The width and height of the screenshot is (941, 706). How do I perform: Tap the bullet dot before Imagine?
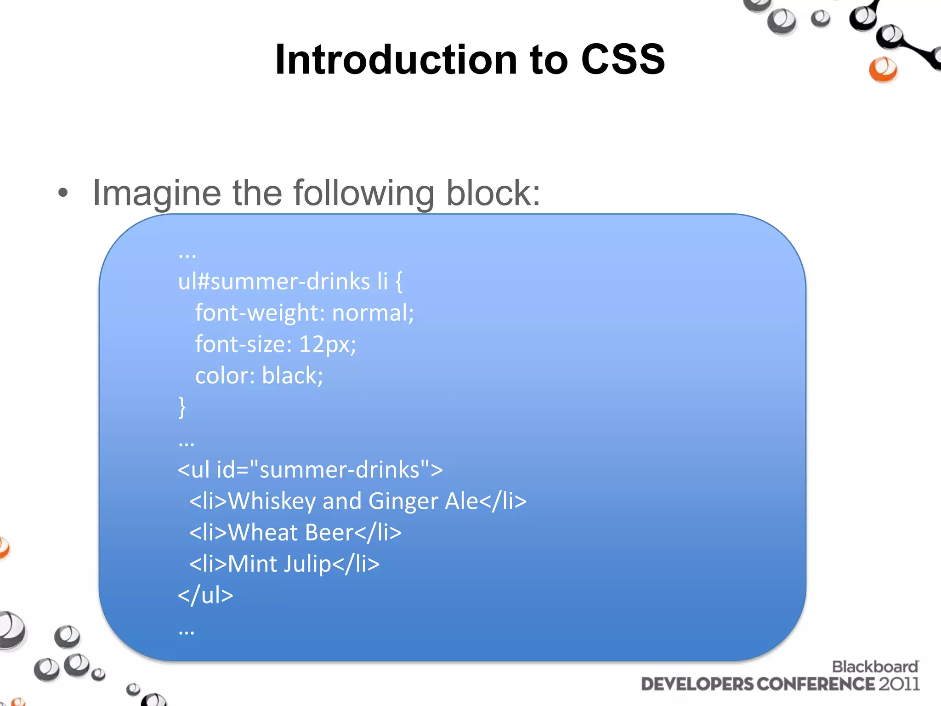point(63,194)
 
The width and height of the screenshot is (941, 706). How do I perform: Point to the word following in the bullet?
point(363,193)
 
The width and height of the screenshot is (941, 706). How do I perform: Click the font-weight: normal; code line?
point(304,313)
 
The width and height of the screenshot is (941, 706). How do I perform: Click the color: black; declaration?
point(259,376)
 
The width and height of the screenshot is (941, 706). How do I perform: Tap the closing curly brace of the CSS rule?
point(182,407)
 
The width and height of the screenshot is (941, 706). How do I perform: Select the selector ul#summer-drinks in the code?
point(274,281)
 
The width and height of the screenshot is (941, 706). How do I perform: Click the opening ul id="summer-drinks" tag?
point(310,470)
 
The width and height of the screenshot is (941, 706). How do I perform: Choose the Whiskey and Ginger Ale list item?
point(358,501)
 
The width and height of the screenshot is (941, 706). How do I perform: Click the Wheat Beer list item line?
point(295,532)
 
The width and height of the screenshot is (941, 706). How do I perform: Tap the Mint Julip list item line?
point(284,564)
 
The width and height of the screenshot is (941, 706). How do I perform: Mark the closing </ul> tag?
point(205,595)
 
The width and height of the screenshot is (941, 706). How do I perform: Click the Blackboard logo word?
point(875,666)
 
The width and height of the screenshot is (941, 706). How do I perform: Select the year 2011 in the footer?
point(899,684)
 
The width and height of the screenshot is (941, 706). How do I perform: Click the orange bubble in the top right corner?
point(883,69)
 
